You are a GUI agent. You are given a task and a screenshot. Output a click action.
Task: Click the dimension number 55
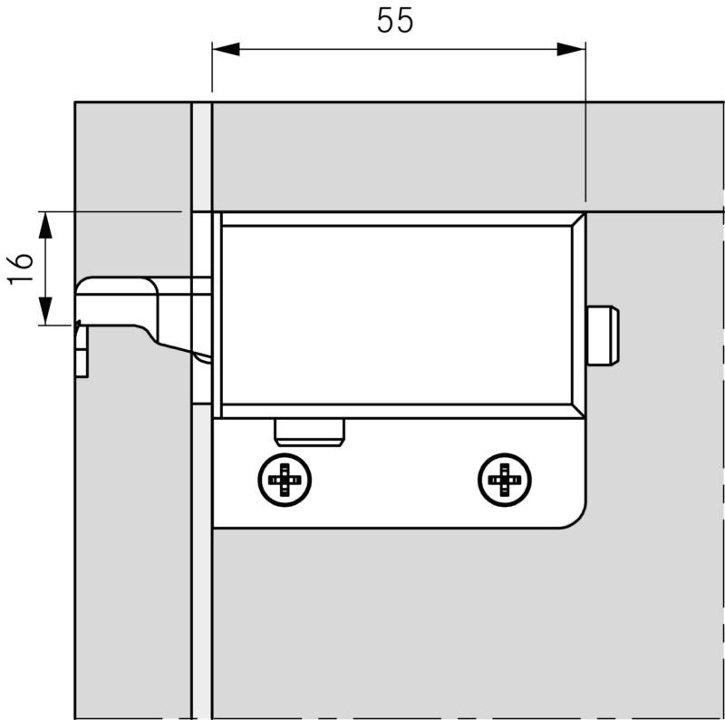click(x=395, y=21)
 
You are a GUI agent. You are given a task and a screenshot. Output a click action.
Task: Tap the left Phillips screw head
click(x=285, y=479)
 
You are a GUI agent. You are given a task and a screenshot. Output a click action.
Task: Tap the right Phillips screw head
click(x=504, y=479)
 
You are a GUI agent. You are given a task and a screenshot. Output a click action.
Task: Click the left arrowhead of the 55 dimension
click(x=225, y=49)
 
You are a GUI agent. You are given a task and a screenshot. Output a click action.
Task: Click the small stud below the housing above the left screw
click(x=309, y=432)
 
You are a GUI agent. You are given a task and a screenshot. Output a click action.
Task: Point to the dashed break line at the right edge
click(x=722, y=453)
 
